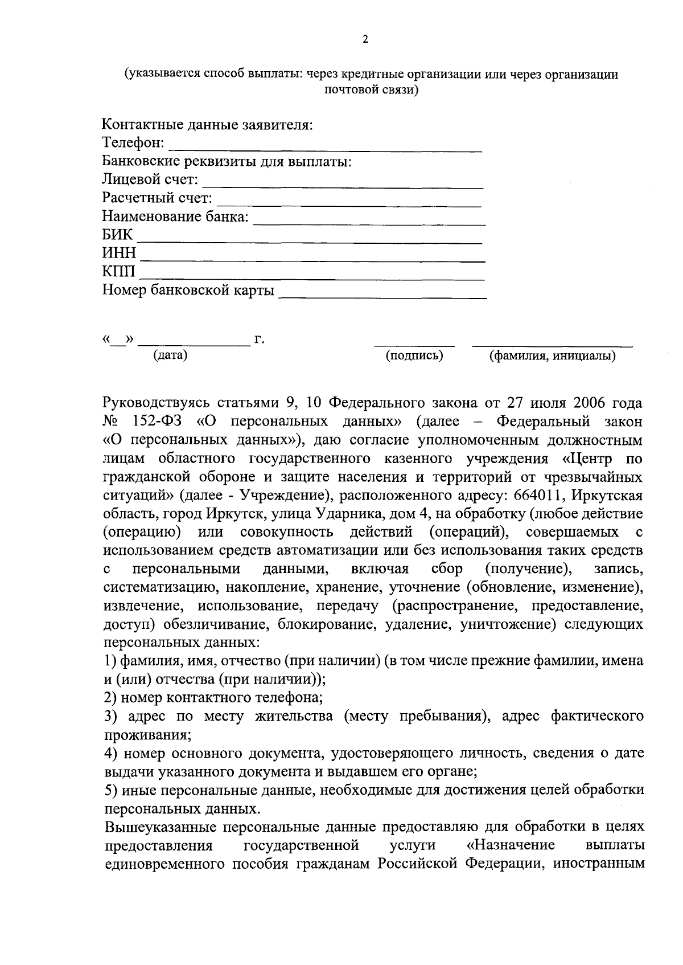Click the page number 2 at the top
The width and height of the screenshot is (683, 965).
[x=365, y=39]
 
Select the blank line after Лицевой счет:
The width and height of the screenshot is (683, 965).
[x=343, y=186]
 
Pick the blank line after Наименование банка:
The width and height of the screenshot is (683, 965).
[x=369, y=223]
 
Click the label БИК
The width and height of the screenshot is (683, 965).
[x=117, y=235]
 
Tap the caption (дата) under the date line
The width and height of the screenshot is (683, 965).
[x=170, y=355]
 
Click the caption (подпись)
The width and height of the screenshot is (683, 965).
[x=414, y=356]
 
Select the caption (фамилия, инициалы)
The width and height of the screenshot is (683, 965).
[x=552, y=357]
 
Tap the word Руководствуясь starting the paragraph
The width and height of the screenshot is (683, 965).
[x=162, y=403]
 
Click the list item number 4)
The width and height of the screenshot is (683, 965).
[x=111, y=754]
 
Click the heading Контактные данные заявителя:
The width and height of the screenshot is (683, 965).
[x=208, y=124]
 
